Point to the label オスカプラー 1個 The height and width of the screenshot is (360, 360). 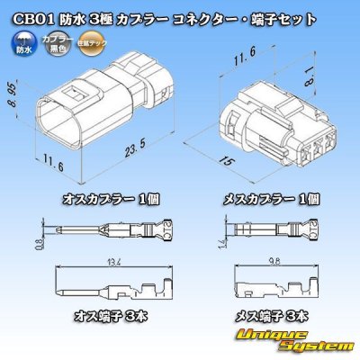[x=90, y=197]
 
